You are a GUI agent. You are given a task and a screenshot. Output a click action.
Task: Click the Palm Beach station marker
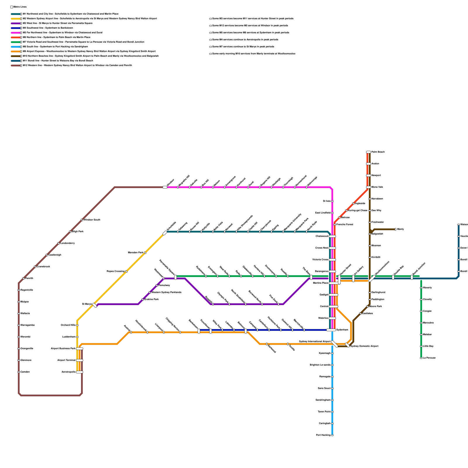(x=369, y=152)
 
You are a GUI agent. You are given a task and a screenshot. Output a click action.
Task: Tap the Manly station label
(x=400, y=229)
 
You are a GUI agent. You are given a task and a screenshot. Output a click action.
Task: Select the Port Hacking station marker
(x=332, y=435)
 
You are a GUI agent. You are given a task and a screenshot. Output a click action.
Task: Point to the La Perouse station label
(x=429, y=358)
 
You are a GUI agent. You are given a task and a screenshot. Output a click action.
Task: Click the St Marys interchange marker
(x=95, y=305)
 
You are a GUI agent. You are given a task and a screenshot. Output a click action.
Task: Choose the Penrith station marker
(x=23, y=278)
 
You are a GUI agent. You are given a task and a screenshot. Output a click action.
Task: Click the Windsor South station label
(x=92, y=220)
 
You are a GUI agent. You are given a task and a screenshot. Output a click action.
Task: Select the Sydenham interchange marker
(x=331, y=330)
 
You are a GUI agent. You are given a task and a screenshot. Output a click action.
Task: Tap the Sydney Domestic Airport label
(x=364, y=346)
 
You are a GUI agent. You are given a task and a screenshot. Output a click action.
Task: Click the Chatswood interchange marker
(x=332, y=236)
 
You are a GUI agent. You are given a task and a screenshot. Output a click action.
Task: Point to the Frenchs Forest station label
(x=345, y=225)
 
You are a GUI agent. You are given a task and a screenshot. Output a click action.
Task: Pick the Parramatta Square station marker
(x=175, y=277)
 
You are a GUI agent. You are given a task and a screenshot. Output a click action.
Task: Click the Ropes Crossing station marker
(x=126, y=271)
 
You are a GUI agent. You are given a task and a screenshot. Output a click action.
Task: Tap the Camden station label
(x=25, y=372)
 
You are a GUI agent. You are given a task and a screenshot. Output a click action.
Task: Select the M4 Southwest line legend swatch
(x=16, y=28)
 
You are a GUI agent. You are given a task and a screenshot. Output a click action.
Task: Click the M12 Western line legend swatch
(x=16, y=66)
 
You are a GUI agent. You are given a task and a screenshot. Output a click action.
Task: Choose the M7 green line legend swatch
(x=16, y=42)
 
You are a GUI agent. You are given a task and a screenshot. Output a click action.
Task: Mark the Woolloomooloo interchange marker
(x=372, y=278)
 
